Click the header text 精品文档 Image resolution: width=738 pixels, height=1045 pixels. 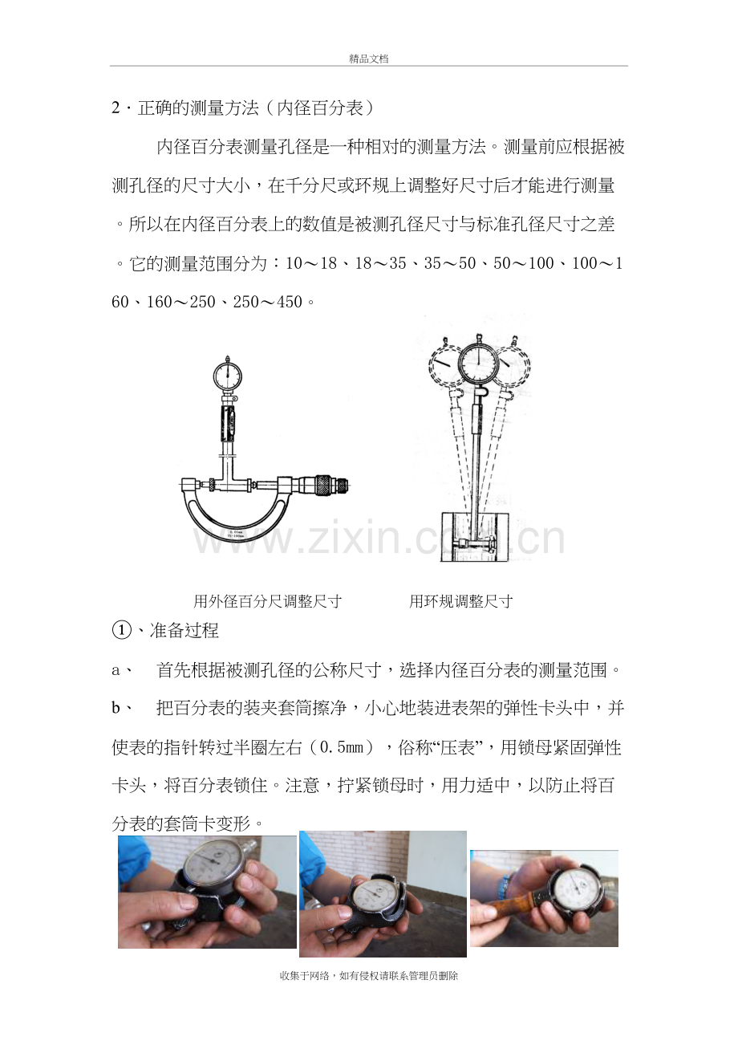[x=369, y=59]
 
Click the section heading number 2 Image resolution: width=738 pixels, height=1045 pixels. [x=116, y=108]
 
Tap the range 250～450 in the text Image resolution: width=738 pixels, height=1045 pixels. [x=268, y=302]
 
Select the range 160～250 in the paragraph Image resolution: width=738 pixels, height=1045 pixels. [x=181, y=302]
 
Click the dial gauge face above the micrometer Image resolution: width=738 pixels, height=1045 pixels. [x=228, y=375]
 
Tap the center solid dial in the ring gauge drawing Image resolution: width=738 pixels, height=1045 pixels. [x=479, y=362]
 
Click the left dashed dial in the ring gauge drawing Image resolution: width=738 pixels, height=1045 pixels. [x=446, y=364]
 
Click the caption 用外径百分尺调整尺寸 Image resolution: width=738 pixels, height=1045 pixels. [x=268, y=601]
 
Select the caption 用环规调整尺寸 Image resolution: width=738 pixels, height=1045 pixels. [x=461, y=601]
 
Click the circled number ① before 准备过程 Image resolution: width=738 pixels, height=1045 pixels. [x=122, y=631]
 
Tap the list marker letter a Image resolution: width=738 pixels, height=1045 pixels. [x=116, y=671]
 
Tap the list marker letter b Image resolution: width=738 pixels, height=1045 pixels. [x=116, y=708]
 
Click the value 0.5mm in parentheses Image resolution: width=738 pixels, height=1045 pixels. [x=342, y=747]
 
